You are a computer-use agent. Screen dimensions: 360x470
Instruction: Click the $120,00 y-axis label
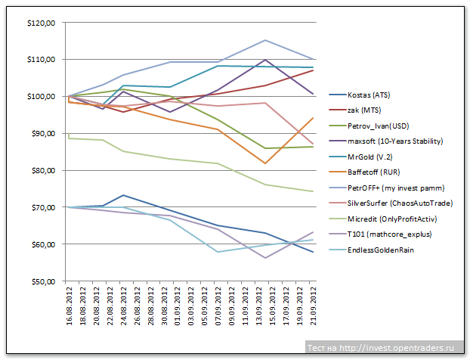[x=40, y=23]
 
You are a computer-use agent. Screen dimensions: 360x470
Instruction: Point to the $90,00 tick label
[x=42, y=134]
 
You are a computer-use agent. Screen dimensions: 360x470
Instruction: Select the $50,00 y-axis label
[x=42, y=281]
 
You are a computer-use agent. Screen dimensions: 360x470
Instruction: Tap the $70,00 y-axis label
[x=42, y=207]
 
